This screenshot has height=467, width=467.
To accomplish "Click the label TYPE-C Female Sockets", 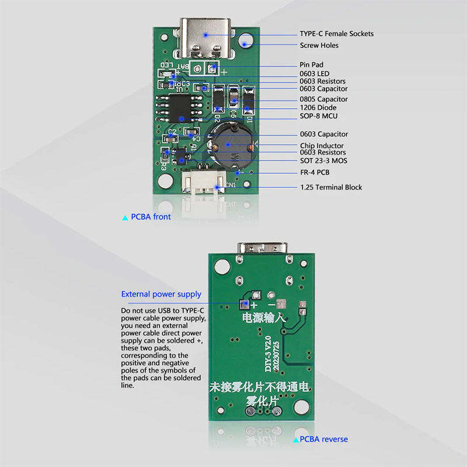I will pos(336,33).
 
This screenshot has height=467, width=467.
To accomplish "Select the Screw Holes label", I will pos(319,45).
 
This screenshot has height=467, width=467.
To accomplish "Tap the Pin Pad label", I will pos(311,65).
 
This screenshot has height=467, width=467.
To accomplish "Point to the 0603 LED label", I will pos(315,74).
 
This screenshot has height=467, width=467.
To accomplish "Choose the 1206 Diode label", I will pos(319,107).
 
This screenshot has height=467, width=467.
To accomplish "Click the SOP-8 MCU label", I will pos(319,116).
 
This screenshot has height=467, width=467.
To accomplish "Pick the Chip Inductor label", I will pos(322,145).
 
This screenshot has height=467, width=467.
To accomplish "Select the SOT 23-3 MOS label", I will pos(323,160).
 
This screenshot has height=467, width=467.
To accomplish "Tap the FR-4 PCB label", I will pos(315,173).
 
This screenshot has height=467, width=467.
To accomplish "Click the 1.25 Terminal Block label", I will pos(331,187).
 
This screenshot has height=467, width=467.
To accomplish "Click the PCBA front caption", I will pos(151,217).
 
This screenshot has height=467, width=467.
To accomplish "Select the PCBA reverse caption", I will pos(323,439).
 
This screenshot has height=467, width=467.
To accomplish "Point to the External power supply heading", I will pos(161,294).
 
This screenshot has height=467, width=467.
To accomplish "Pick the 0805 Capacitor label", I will pos(323,99).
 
